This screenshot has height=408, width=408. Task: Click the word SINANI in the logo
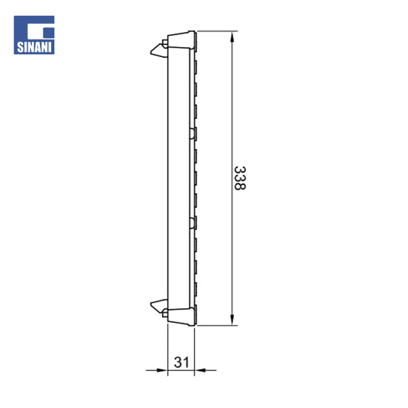[34, 48]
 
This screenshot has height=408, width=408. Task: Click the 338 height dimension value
[239, 177]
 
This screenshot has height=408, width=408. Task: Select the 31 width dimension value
[181, 362]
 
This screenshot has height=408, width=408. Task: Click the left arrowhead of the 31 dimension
[162, 371]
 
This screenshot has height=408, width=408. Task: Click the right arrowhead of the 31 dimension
[200, 371]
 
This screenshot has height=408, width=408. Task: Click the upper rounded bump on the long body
[193, 132]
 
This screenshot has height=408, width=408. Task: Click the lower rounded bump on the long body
[193, 221]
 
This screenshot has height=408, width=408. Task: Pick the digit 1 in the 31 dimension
[186, 362]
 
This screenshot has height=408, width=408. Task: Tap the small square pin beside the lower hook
[165, 313]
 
